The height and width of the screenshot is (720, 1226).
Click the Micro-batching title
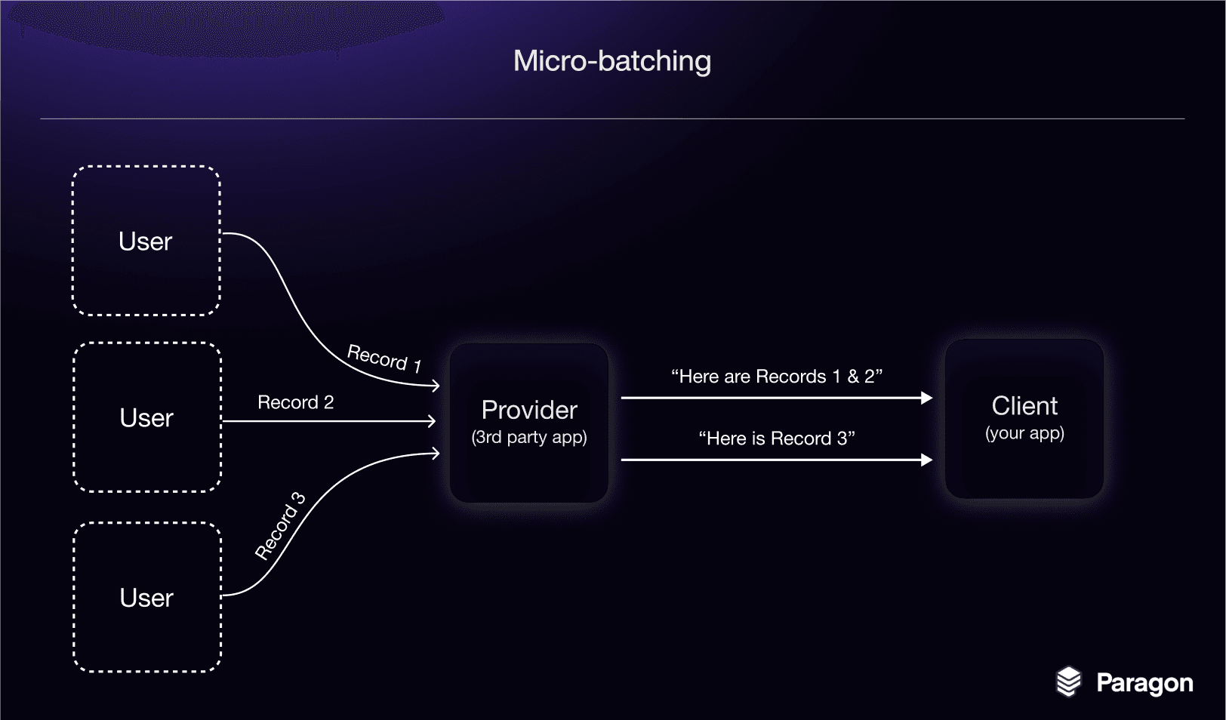(612, 61)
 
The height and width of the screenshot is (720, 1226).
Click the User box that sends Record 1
(146, 241)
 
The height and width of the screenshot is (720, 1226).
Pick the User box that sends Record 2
(147, 417)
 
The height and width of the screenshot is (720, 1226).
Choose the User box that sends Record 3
(147, 597)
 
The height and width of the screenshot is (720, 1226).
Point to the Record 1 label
(384, 358)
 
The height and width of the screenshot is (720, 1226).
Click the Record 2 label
(295, 402)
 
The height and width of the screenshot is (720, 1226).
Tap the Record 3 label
(280, 526)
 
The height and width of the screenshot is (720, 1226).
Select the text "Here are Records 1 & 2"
(777, 376)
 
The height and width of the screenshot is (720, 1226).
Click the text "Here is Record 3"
(777, 438)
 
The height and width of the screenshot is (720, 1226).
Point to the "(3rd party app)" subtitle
(529, 437)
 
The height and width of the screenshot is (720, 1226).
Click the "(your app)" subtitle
(1024, 433)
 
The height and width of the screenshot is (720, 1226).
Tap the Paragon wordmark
(1144, 683)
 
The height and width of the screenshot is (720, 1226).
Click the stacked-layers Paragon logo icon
(1068, 682)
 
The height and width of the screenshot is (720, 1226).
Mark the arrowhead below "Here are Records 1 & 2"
(927, 398)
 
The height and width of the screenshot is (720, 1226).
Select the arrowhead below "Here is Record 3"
(927, 460)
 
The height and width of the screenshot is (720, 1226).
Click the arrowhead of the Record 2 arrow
(432, 421)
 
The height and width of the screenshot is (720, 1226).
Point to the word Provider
(529, 410)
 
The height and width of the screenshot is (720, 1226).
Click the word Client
(1024, 406)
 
